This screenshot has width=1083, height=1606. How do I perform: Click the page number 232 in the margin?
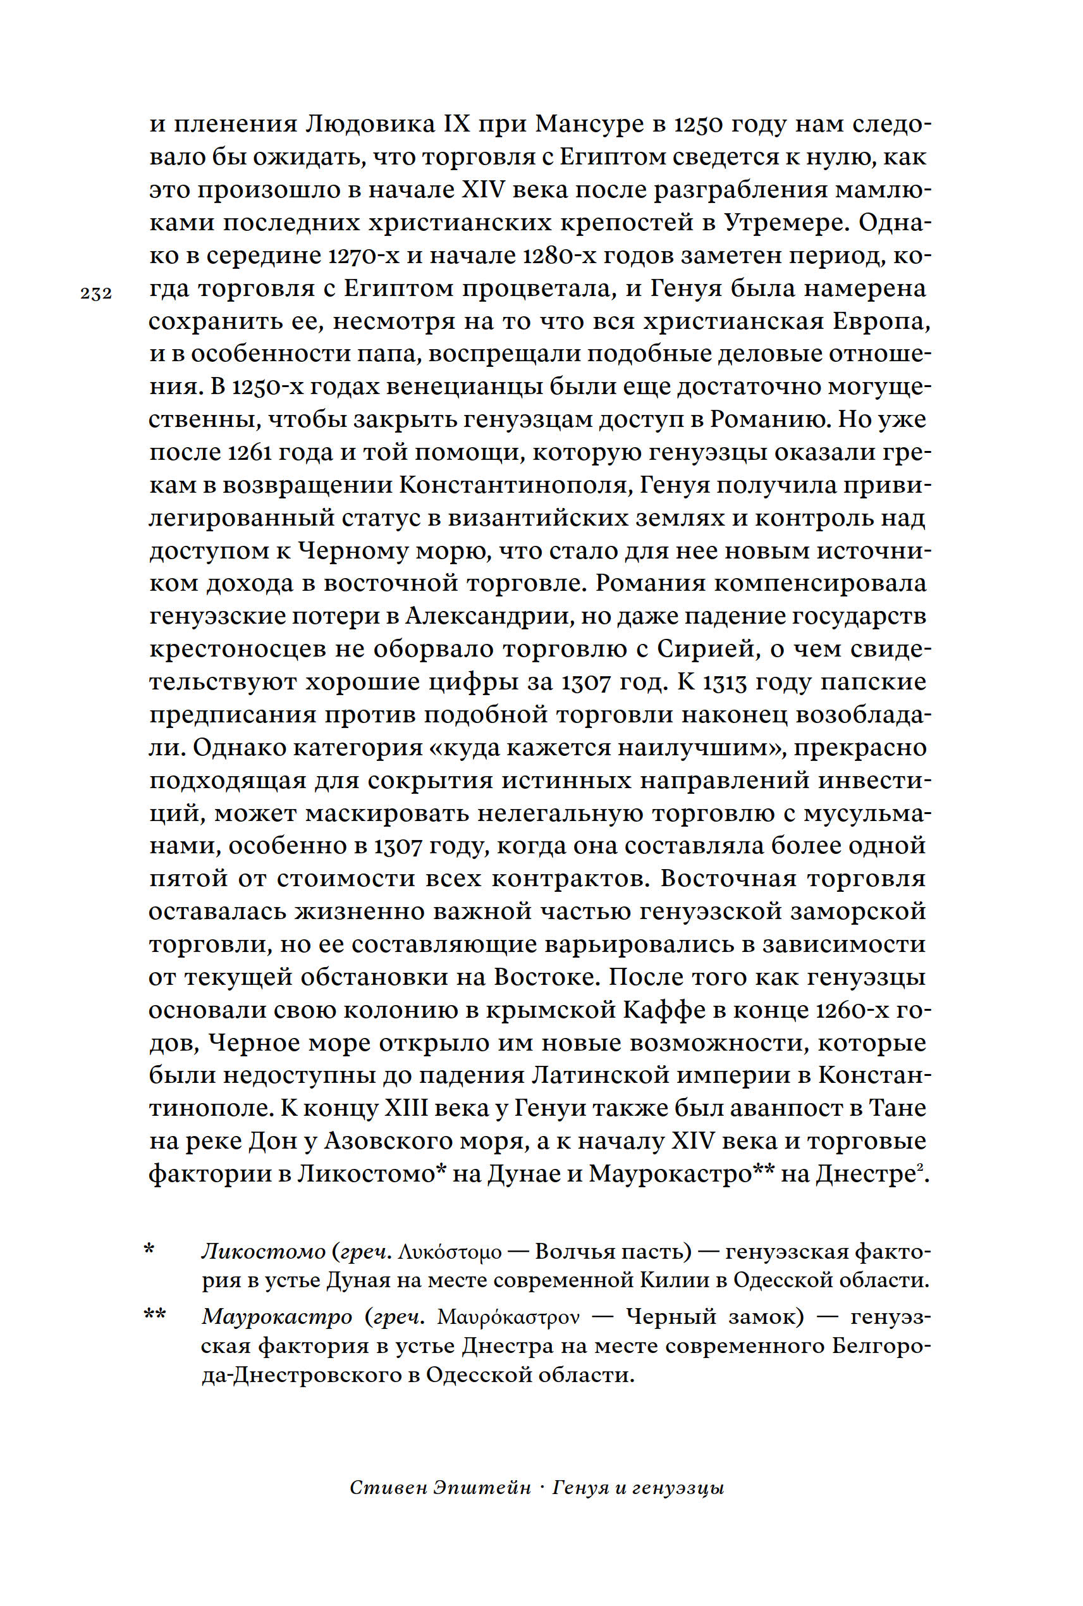pos(96,293)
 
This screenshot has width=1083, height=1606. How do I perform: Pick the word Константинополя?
pos(514,486)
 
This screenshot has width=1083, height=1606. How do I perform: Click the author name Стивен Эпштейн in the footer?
pos(440,1488)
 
